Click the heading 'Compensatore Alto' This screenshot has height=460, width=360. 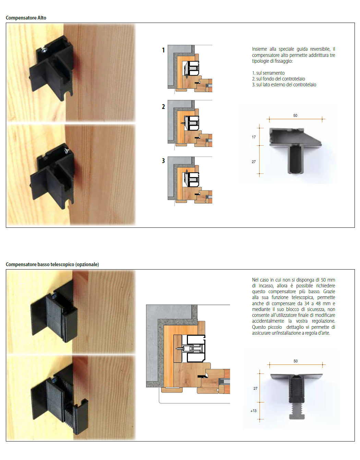(x=26, y=18)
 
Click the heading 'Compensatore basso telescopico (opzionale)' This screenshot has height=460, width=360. (x=52, y=264)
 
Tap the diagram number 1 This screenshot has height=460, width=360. (x=163, y=50)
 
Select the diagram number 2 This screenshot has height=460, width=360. (x=163, y=107)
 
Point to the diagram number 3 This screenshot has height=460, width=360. (x=163, y=161)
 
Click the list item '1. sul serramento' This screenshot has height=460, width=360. (x=268, y=73)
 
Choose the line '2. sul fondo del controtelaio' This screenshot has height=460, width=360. (x=278, y=79)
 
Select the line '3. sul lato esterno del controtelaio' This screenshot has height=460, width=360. (x=284, y=85)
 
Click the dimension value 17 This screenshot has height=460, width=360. (x=254, y=137)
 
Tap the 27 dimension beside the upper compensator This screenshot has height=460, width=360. (x=254, y=162)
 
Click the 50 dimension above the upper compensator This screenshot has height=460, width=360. (x=295, y=115)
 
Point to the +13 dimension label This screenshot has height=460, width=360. (x=253, y=411)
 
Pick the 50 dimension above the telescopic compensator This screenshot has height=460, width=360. (x=296, y=361)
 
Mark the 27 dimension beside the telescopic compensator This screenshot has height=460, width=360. (x=255, y=389)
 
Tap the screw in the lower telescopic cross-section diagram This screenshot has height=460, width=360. (x=180, y=348)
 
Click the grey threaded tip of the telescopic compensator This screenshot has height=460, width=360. (x=297, y=411)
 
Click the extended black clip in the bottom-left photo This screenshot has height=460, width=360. (x=76, y=416)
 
